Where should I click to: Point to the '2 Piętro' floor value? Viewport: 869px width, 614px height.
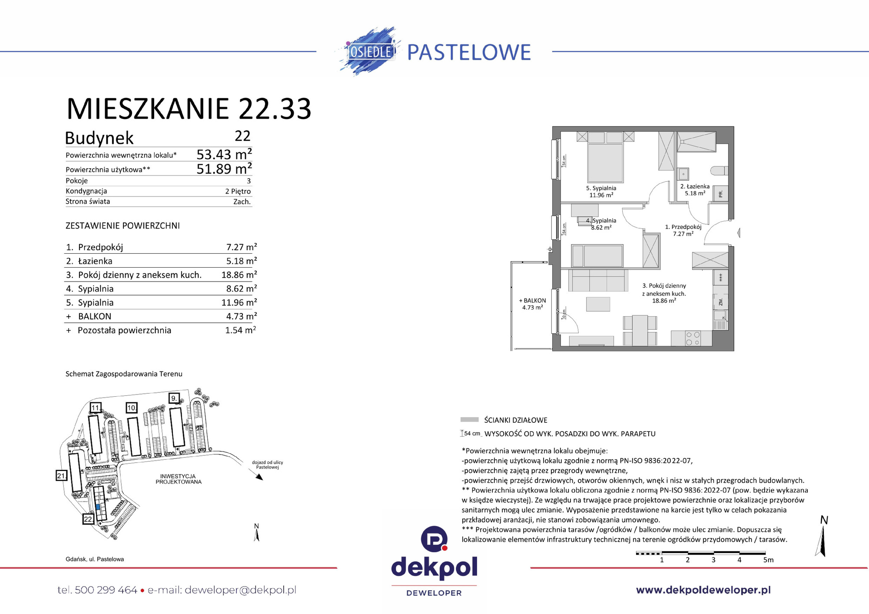pos(238,191)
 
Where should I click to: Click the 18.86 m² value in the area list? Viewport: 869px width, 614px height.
pos(239,275)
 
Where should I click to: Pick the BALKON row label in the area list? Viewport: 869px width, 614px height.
pos(95,316)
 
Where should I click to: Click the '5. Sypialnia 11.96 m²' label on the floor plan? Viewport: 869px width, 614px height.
pos(601,192)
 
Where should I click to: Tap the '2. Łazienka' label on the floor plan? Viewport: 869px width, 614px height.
pos(695,187)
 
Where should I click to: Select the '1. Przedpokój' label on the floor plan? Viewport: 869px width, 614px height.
pos(683,227)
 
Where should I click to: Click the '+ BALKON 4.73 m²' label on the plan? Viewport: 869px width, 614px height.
pos(532,304)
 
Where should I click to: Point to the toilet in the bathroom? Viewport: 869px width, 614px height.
pos(719,170)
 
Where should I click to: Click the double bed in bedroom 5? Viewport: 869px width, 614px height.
pos(605,159)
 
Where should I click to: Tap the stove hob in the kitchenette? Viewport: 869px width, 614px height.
pos(693,339)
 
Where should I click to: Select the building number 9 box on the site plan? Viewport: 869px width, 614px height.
pos(174,398)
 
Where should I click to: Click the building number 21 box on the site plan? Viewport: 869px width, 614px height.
pos(61,475)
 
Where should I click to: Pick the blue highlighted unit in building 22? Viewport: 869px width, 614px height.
pos(98,507)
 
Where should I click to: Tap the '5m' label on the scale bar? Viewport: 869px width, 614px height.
pos(768,560)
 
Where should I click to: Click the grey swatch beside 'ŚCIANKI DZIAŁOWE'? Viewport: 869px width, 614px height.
pos(469,420)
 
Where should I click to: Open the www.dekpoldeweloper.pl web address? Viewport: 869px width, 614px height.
pos(703,590)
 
